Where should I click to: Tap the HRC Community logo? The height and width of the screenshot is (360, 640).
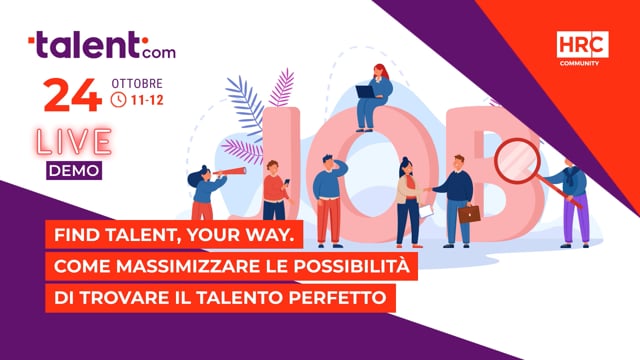click(x=582, y=48)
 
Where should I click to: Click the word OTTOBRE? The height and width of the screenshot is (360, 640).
click(x=136, y=80)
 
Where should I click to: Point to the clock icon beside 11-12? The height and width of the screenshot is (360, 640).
click(x=119, y=99)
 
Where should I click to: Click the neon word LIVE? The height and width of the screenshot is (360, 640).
click(x=73, y=142)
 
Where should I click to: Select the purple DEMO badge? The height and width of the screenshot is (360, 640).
click(x=74, y=170)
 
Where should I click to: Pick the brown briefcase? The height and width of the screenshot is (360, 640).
click(x=469, y=213)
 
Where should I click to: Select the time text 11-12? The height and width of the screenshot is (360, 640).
click(x=147, y=99)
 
